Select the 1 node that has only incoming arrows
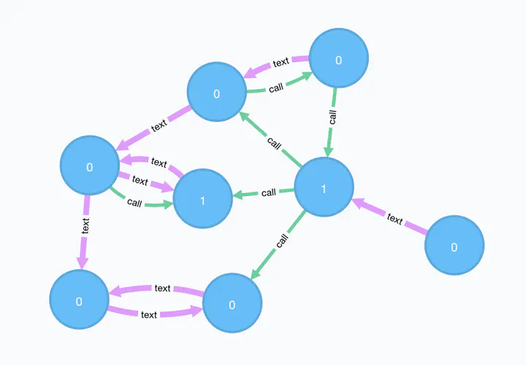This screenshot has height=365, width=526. click(x=202, y=199)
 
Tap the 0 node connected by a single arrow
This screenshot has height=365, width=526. click(x=454, y=247)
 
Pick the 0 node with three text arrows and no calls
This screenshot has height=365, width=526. click(x=79, y=300)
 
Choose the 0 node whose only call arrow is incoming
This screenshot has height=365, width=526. click(x=232, y=304)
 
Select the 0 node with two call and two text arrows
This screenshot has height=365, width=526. click(x=216, y=93)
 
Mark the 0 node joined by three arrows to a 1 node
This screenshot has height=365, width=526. click(x=89, y=167)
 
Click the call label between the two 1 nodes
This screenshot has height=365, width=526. click(x=268, y=192)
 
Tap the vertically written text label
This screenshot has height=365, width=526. click(x=85, y=225)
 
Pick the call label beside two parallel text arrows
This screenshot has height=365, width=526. click(x=134, y=203)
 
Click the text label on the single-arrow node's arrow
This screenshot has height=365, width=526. click(x=394, y=218)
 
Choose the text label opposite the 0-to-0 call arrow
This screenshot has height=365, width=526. click(x=281, y=63)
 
